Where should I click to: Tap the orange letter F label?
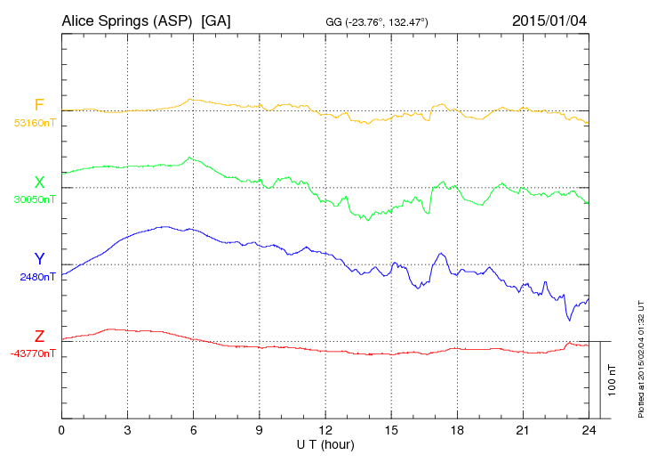39,106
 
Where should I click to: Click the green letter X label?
39,183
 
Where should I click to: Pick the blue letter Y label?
39,259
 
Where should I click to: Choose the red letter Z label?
39,337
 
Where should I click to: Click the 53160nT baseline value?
34,123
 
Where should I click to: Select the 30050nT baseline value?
34,199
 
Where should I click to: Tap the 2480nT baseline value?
37,277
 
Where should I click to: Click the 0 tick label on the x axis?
61,429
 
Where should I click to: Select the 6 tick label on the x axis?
193,429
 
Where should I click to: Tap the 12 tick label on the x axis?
324,429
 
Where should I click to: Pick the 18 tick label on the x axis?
456,429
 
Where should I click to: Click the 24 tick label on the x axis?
588,429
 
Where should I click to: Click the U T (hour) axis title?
324,443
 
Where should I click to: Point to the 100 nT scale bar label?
612,379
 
